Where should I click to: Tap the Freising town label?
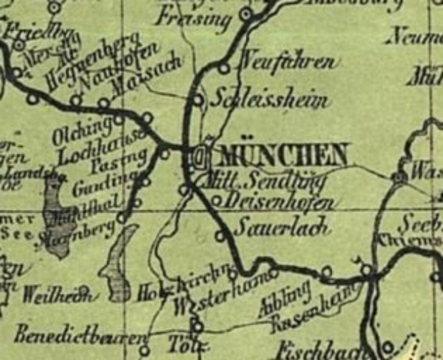[193, 17]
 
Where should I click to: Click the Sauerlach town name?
[272, 227]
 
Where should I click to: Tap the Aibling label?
[284, 302]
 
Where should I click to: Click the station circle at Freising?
[245, 14]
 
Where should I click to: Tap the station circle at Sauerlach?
[220, 235]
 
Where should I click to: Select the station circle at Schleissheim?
[198, 100]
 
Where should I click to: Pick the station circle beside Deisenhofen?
[216, 201]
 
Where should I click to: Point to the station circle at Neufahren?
[223, 68]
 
